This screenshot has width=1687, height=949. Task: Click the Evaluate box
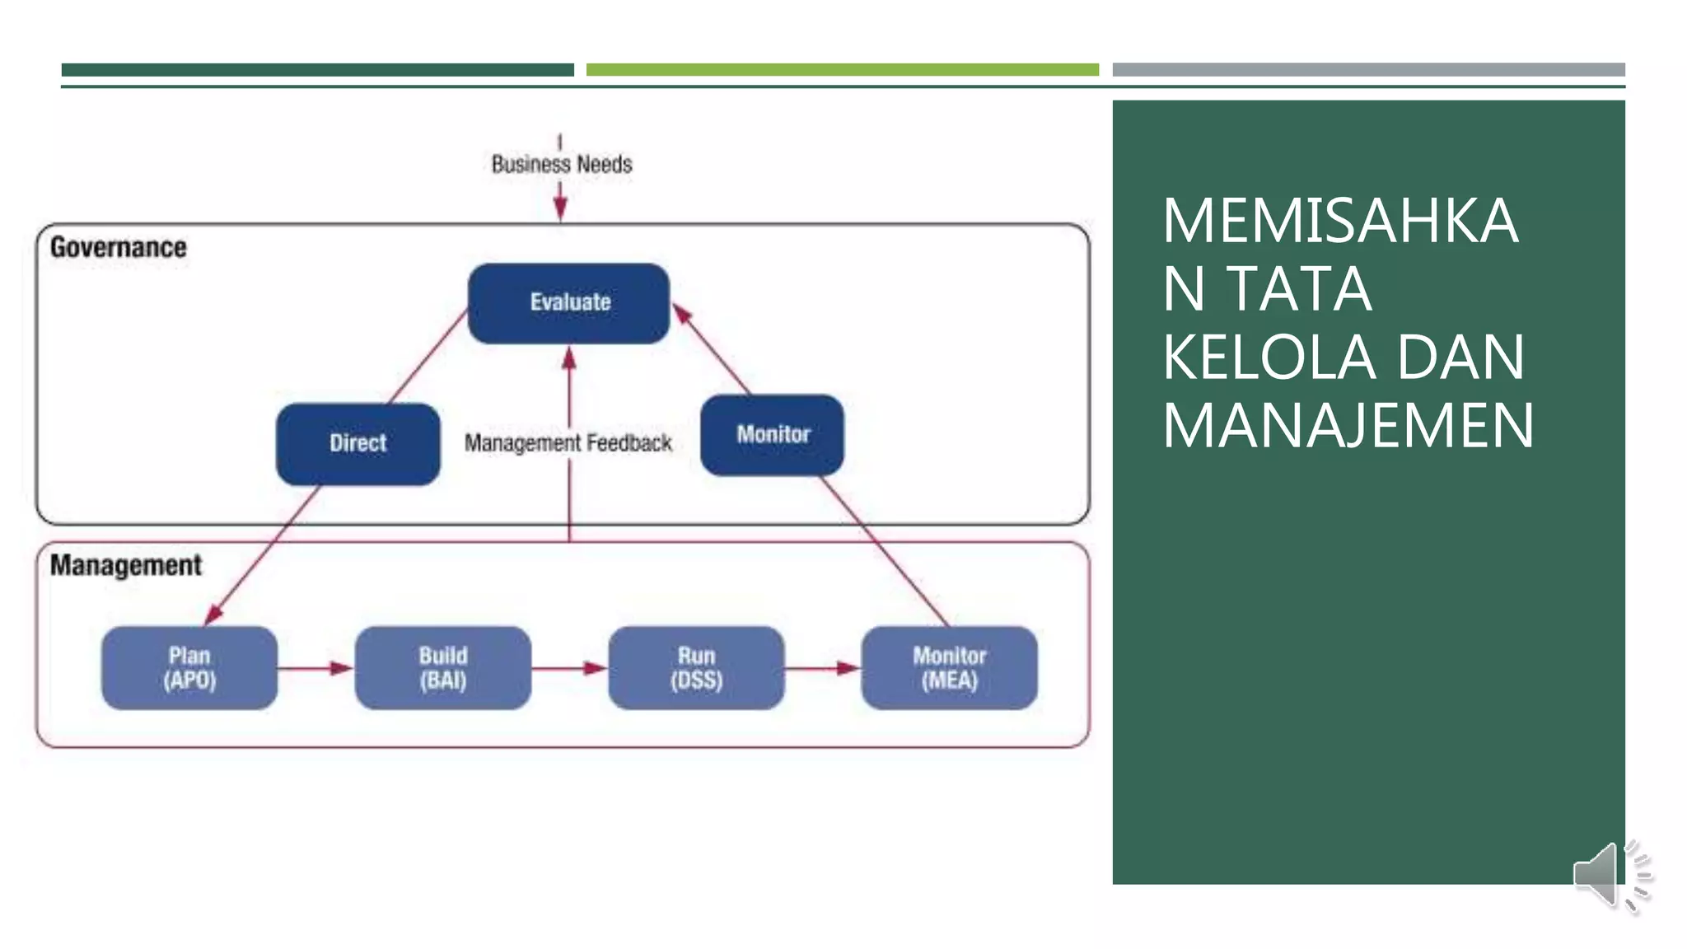click(568, 303)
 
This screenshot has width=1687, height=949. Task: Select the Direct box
click(357, 444)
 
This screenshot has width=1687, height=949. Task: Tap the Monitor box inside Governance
click(772, 435)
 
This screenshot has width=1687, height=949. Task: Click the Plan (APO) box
click(189, 668)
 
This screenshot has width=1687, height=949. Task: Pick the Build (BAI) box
click(442, 668)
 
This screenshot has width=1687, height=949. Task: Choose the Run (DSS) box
click(696, 668)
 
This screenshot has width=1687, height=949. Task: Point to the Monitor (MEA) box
click(949, 668)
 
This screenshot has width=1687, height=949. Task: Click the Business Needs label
click(562, 165)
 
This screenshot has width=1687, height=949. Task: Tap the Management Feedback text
click(568, 443)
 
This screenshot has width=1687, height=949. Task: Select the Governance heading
click(119, 247)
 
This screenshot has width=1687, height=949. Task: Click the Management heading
click(126, 565)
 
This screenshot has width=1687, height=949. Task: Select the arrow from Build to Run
click(569, 668)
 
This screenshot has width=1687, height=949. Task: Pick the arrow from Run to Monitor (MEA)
click(822, 668)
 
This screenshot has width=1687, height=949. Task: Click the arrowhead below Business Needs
click(560, 209)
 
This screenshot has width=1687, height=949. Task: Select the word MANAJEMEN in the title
click(1348, 426)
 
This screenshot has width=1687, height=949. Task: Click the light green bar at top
click(842, 70)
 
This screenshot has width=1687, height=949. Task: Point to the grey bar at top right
click(1368, 70)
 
